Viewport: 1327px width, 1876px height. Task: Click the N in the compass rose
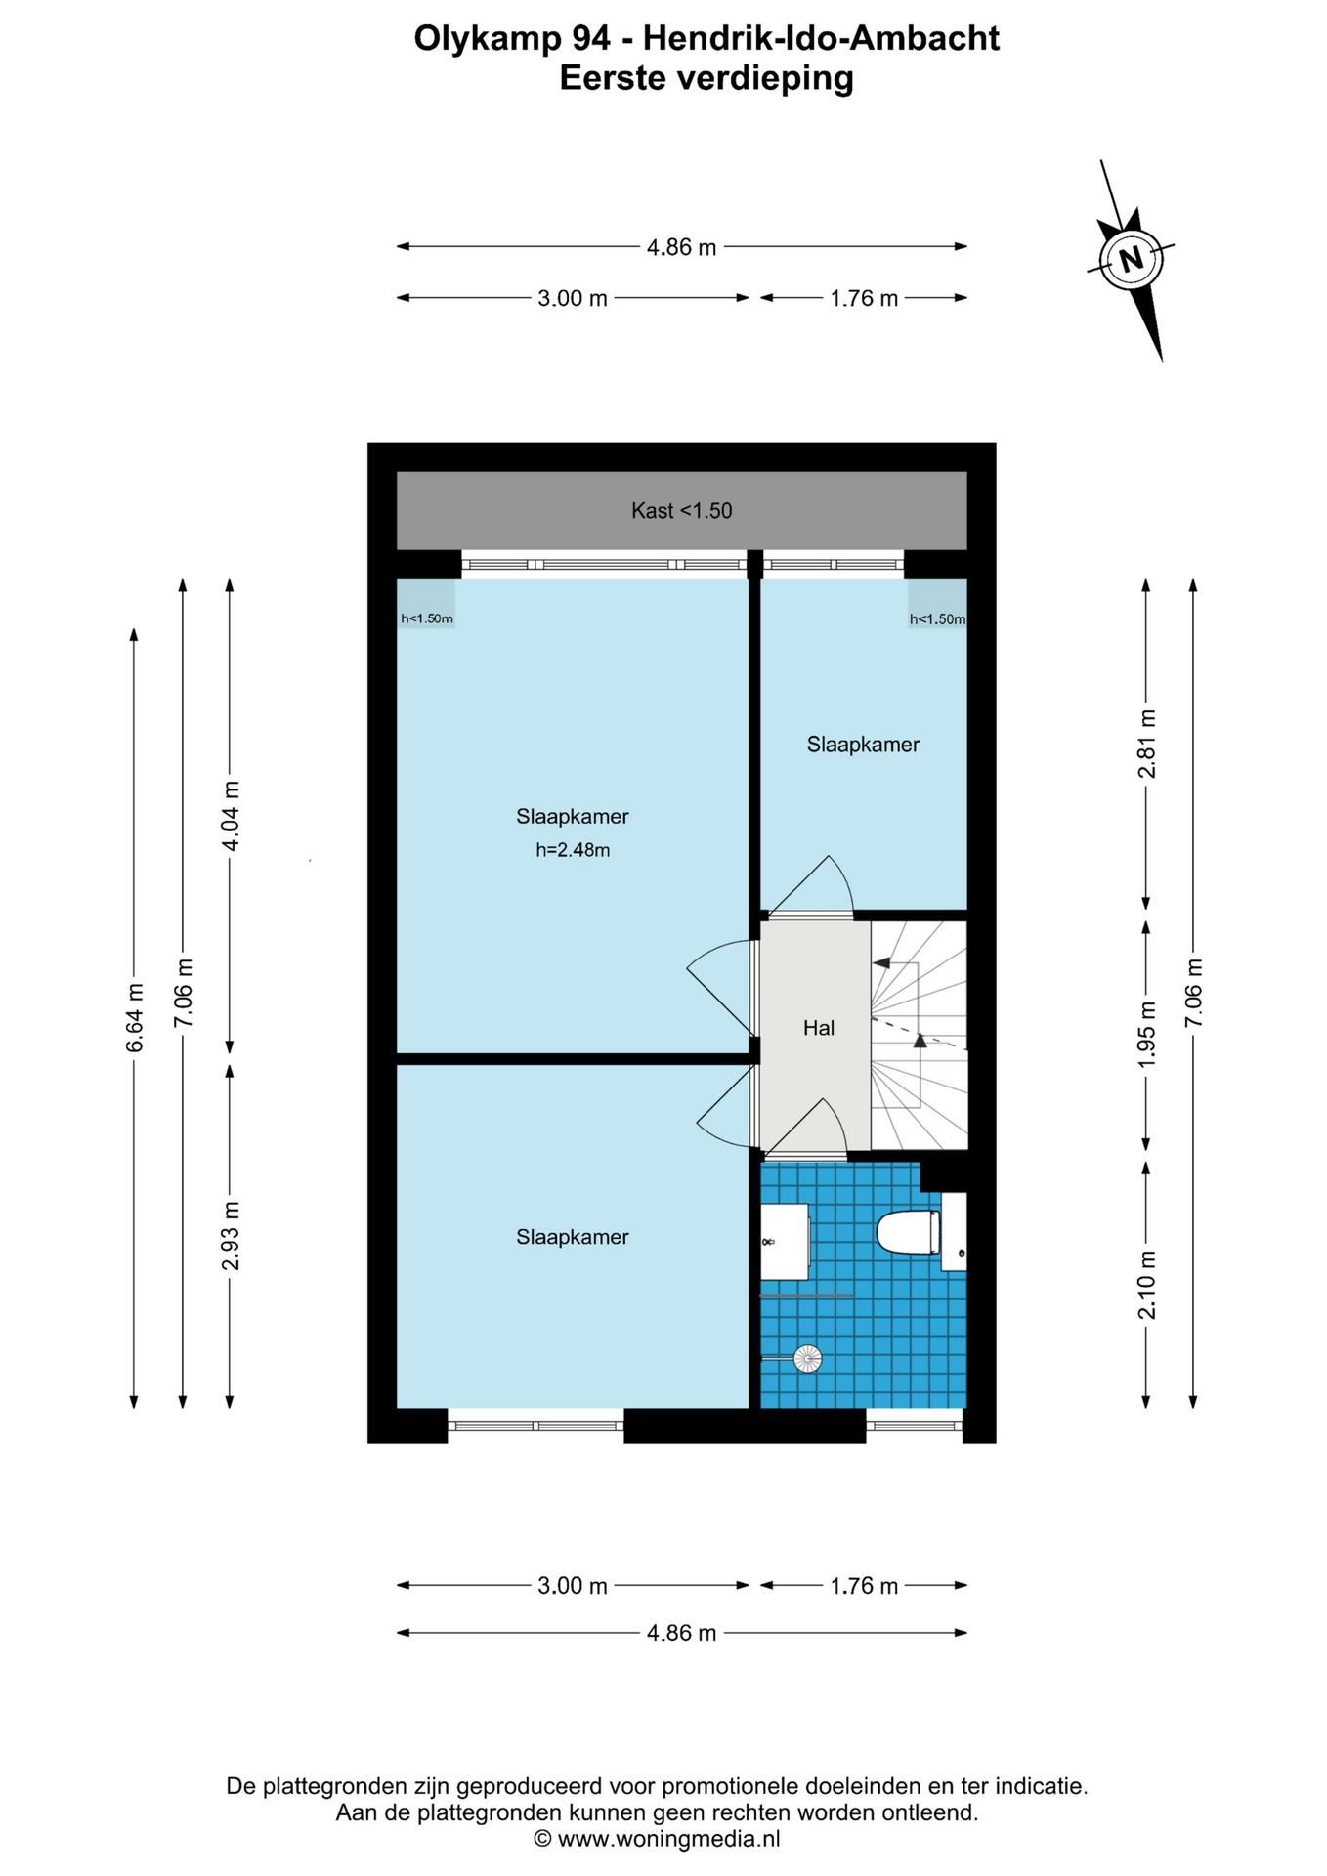pos(1131,260)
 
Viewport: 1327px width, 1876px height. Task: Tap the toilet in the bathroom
pos(909,1231)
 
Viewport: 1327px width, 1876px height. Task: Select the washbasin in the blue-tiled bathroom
pos(785,1241)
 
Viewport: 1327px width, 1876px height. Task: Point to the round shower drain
pos(807,1358)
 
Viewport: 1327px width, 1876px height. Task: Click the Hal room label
pos(818,1027)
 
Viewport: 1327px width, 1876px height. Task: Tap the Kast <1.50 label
pos(681,510)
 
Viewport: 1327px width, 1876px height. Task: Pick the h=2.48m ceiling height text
pos(573,850)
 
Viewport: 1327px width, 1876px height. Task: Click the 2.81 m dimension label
pos(1146,744)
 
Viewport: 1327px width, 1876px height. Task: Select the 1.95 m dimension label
pos(1146,1034)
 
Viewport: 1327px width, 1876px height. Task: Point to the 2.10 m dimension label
pos(1146,1285)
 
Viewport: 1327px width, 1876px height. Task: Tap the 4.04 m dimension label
pos(231,816)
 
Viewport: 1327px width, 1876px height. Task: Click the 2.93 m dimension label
pos(231,1236)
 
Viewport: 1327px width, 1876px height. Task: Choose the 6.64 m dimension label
pos(135,1018)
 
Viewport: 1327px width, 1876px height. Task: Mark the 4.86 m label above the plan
pos(681,247)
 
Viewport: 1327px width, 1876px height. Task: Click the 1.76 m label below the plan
pos(864,1585)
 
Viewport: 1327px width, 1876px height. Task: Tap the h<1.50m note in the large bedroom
pos(427,618)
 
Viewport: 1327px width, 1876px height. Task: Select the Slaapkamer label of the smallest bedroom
pos(863,745)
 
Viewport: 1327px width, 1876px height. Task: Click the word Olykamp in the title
pos(486,39)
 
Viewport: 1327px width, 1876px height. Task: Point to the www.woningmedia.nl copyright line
pos(657,1839)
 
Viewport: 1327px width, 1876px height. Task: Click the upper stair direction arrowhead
pos(881,963)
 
